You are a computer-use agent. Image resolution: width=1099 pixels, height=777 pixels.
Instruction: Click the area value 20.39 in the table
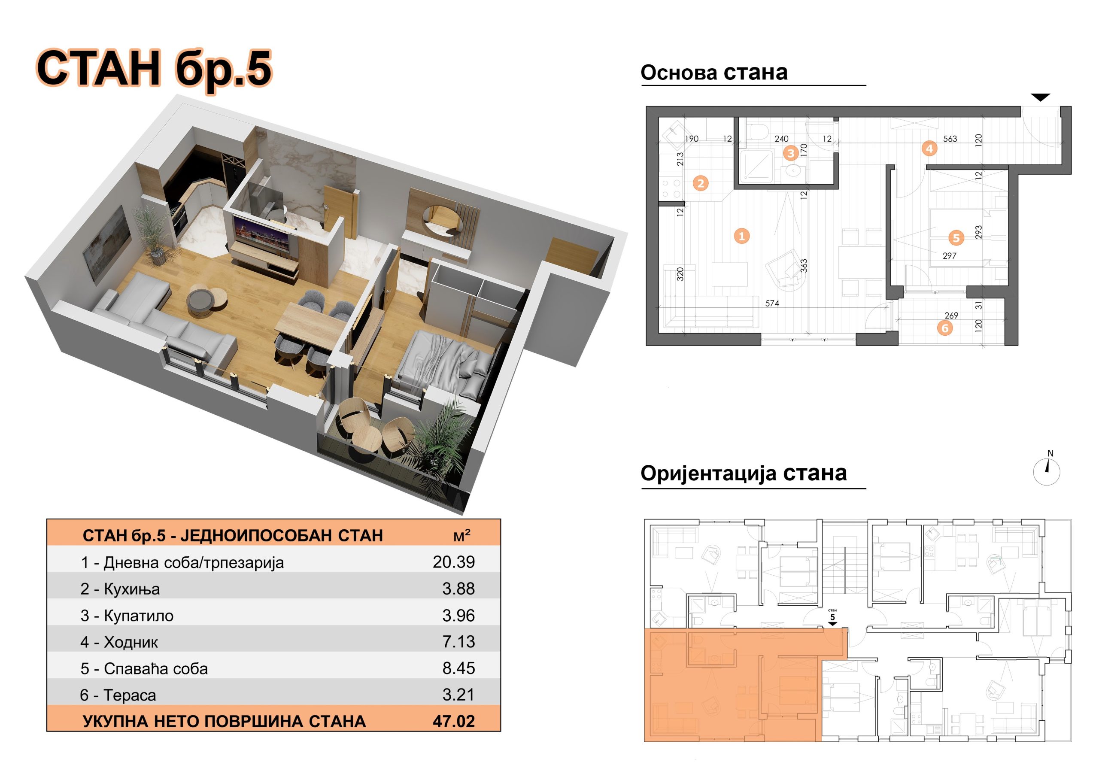tap(453, 562)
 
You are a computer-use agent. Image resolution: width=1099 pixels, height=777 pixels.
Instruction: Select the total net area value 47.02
tap(453, 721)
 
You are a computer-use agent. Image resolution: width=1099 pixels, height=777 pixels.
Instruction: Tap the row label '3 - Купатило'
tap(127, 615)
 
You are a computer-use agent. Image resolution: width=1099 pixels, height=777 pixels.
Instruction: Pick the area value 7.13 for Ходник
tap(458, 641)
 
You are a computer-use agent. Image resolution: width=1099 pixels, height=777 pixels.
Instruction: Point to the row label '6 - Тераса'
tap(118, 695)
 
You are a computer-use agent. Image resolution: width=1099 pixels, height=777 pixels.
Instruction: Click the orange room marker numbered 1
tap(741, 236)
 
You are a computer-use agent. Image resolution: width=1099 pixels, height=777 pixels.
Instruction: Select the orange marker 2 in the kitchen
tap(701, 183)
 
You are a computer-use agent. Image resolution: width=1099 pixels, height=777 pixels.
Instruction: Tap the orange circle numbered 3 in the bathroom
tap(790, 153)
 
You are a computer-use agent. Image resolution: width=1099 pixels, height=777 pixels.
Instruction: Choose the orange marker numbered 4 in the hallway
tap(929, 149)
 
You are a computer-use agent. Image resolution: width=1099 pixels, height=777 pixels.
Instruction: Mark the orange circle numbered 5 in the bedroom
tap(956, 238)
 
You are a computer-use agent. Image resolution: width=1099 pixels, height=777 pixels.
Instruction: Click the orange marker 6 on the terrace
tap(945, 328)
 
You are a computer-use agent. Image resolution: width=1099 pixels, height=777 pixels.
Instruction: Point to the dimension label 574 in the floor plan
tap(772, 303)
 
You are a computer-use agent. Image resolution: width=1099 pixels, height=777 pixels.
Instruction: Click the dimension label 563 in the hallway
tap(950, 139)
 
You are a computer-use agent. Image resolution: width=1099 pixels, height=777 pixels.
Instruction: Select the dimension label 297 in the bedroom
tap(949, 256)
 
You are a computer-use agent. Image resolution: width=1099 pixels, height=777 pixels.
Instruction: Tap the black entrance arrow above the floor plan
tap(1040, 97)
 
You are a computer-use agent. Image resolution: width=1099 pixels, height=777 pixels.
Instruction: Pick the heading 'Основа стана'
tap(713, 72)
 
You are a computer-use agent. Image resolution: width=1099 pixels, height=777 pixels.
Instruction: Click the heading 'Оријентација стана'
tap(744, 473)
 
